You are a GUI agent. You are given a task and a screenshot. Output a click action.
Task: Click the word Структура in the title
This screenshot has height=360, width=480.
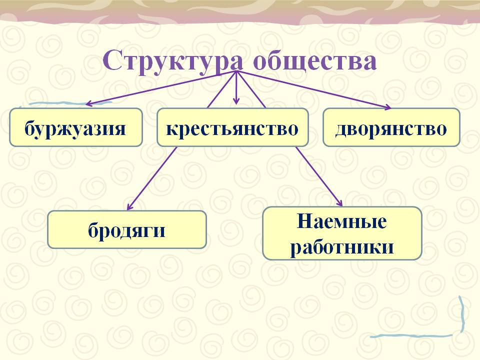pyautogui.click(x=173, y=61)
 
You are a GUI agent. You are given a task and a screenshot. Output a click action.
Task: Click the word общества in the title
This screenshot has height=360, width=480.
pyautogui.click(x=314, y=59)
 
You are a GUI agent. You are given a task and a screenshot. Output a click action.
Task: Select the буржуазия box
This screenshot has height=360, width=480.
pyautogui.click(x=76, y=127)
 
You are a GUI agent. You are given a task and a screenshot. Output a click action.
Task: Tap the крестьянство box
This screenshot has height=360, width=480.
pyautogui.click(x=232, y=127)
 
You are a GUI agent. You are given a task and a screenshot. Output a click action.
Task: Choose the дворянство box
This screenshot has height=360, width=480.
pyautogui.click(x=391, y=127)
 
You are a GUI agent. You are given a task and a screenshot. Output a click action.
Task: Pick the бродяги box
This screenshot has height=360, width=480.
pyautogui.click(x=127, y=229)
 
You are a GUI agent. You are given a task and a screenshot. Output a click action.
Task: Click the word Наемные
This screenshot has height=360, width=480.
pyautogui.click(x=341, y=221)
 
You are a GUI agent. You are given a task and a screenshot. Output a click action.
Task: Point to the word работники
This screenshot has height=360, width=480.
pyautogui.click(x=342, y=246)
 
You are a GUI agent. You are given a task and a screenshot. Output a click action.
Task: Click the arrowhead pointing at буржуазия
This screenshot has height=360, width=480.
pyautogui.click(x=89, y=104)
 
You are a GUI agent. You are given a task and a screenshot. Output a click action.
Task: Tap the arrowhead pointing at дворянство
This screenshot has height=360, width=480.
pyautogui.click(x=388, y=106)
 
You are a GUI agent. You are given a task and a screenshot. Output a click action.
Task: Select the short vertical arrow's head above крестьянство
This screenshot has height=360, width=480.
pyautogui.click(x=236, y=101)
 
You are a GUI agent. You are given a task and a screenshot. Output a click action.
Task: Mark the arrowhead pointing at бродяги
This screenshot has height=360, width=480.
pyautogui.click(x=130, y=206)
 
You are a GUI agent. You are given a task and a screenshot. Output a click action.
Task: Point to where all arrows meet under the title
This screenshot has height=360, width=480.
pyautogui.click(x=236, y=71)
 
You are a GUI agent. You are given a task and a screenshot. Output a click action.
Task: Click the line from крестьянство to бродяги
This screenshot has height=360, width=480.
pyautogui.click(x=152, y=178)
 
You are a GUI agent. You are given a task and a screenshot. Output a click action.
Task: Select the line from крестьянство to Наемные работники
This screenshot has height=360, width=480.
pyautogui.click(x=319, y=176)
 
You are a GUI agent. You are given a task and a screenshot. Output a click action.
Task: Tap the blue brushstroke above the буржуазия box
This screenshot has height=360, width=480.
pyautogui.click(x=70, y=103)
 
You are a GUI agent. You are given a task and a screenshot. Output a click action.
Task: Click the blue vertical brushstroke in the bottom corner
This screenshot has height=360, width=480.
pyautogui.click(x=462, y=314)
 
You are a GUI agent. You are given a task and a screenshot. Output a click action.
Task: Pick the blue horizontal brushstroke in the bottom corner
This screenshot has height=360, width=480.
pyautogui.click(x=411, y=336)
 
